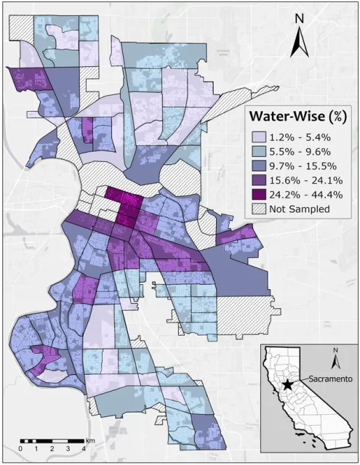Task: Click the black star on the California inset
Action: [289, 384]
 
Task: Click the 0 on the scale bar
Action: [21, 450]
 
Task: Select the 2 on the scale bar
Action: [53, 450]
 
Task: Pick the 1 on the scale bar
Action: [37, 450]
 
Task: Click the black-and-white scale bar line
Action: [53, 441]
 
